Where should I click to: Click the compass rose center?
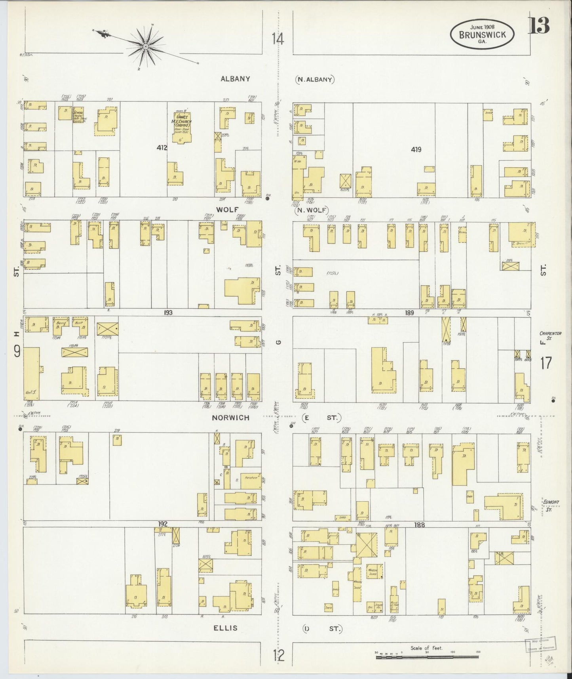(x=146, y=46)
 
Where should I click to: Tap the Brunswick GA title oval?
(x=483, y=34)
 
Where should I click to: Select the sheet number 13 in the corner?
(x=540, y=25)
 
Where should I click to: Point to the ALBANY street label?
(x=235, y=78)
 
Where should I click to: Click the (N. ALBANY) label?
(x=315, y=79)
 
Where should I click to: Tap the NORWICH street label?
(x=230, y=418)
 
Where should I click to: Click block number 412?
(x=162, y=148)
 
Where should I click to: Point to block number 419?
(x=416, y=149)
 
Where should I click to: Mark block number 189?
(x=409, y=313)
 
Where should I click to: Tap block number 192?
(x=163, y=524)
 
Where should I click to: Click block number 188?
(x=420, y=525)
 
